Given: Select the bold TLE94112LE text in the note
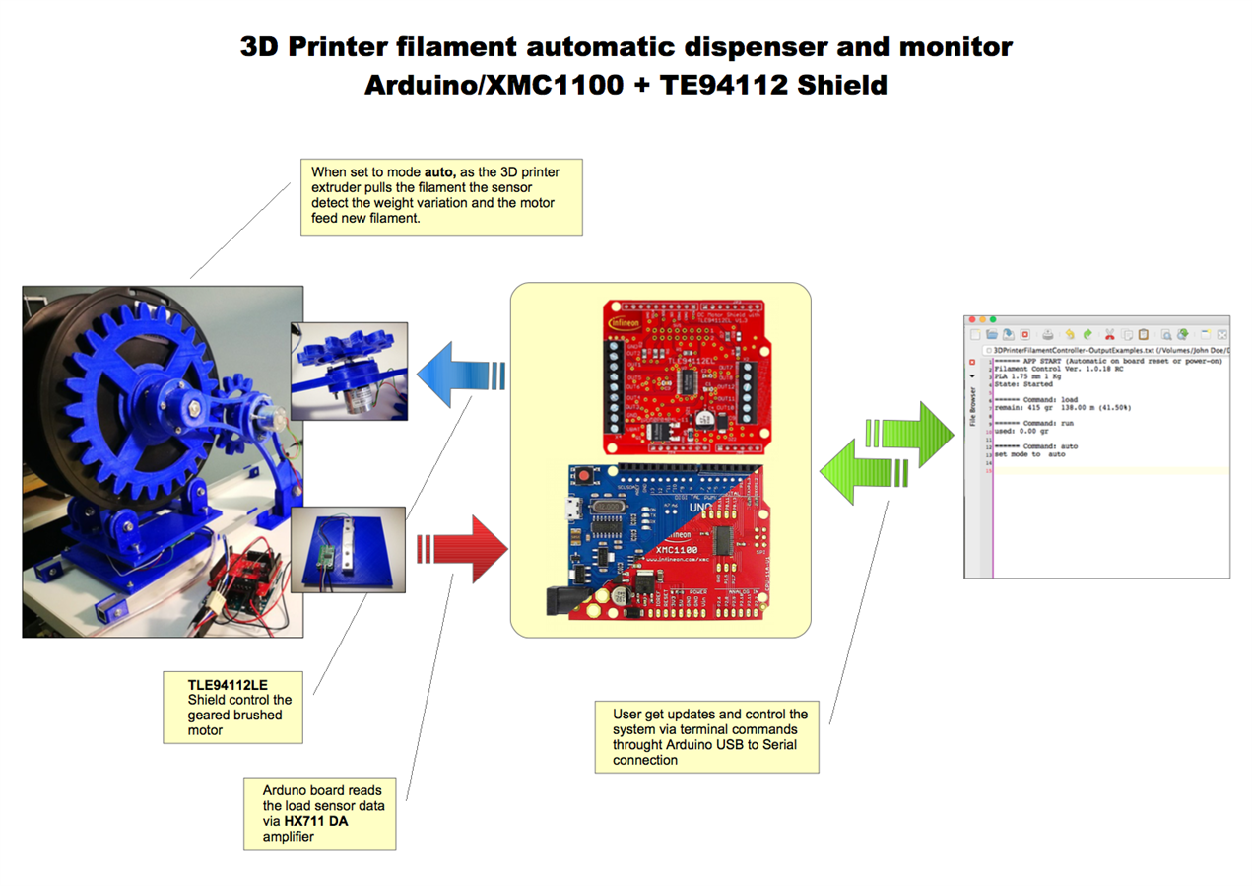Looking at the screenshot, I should (x=228, y=683).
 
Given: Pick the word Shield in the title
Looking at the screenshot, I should (x=841, y=85).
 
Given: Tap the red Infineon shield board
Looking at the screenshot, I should (x=686, y=376).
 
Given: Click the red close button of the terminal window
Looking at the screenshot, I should (x=971, y=320).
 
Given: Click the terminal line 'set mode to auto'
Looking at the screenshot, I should (x=1030, y=454).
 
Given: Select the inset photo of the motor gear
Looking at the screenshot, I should (x=349, y=371).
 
